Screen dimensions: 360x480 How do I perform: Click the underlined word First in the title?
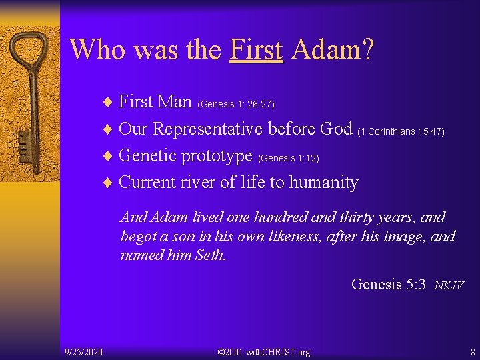pos(256,49)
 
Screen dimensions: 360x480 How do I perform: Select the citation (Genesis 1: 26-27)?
pos(236,104)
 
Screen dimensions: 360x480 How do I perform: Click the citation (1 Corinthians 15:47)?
pos(401,132)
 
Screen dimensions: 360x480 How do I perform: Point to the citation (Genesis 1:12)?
pos(289,159)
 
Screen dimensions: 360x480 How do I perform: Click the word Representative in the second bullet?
pos(209,129)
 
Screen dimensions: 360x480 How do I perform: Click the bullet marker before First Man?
pos(108,102)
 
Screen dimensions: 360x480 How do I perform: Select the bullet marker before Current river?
pos(108,183)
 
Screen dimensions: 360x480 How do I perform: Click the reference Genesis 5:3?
pos(388,284)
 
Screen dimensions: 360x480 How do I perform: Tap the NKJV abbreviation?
pos(449,285)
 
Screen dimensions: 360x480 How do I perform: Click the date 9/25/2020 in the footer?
pos(83,351)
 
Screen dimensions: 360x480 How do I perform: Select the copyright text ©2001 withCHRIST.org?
pos(264,351)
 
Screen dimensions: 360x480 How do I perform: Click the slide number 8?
pos(472,351)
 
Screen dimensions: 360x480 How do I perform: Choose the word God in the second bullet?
pos(336,129)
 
